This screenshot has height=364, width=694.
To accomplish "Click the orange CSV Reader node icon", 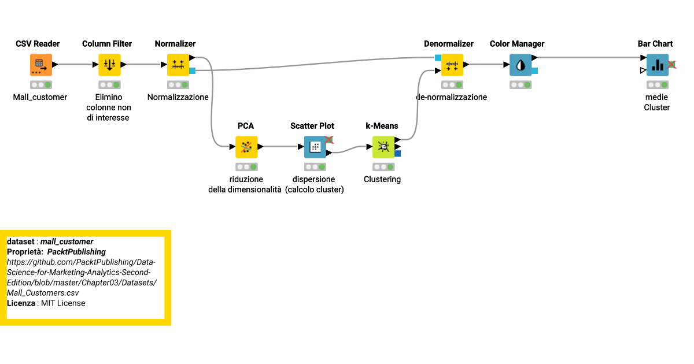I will click(40, 65).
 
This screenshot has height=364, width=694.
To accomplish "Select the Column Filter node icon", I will click(109, 65).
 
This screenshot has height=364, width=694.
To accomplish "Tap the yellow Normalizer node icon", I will click(178, 65).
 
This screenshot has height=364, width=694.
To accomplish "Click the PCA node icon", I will click(246, 147).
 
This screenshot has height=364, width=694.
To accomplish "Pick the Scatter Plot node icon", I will click(315, 147).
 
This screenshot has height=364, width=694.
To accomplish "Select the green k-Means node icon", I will click(383, 147).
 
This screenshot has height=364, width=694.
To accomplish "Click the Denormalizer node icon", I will click(452, 65).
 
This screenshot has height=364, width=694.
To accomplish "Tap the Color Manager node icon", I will click(520, 65).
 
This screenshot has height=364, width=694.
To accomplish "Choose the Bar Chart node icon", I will click(657, 65).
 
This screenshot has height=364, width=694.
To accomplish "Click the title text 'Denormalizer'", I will click(448, 44).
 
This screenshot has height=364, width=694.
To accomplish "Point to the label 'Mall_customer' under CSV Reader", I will click(40, 97).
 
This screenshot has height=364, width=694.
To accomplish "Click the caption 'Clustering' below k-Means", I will click(382, 179).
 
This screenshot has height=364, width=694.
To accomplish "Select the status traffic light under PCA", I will click(246, 166).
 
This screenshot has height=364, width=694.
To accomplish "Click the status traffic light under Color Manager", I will click(520, 84).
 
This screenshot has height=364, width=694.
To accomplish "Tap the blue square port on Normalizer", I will click(193, 71).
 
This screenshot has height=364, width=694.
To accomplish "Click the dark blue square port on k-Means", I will click(398, 153).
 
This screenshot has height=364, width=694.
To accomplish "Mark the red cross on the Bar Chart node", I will click(672, 65).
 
